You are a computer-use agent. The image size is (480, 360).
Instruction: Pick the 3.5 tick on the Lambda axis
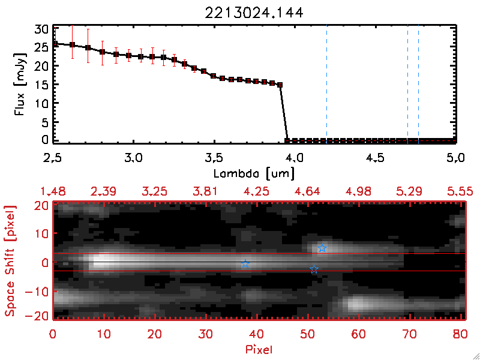(214, 159)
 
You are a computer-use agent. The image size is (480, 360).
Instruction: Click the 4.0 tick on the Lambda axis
(295, 159)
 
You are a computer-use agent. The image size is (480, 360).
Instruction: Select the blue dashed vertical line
(326, 84)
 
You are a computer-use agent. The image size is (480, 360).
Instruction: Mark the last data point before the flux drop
(280, 85)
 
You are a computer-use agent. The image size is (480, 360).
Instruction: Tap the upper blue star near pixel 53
(322, 248)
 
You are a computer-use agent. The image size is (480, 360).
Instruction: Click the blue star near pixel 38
(245, 264)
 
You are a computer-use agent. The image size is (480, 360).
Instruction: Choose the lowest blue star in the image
(314, 270)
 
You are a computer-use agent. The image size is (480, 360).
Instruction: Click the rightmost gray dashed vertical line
(418, 84)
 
